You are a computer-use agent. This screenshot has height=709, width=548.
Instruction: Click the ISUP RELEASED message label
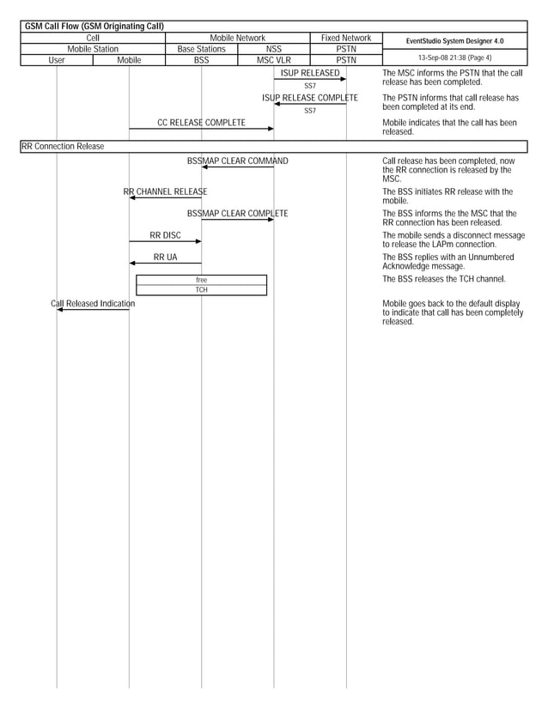(310, 74)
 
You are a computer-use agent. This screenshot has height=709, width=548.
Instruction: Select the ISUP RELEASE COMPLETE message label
(310, 99)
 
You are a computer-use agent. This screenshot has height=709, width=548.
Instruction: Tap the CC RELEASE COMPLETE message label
(201, 123)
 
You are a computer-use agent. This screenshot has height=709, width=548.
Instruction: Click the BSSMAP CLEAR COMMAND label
(238, 161)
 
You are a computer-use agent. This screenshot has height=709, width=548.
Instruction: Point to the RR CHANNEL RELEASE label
(165, 192)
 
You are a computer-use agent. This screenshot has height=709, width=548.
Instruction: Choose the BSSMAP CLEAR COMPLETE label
(238, 214)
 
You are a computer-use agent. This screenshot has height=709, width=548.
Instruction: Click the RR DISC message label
(165, 235)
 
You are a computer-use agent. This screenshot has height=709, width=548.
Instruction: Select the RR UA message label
(165, 257)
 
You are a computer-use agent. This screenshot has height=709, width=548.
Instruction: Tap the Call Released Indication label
(93, 304)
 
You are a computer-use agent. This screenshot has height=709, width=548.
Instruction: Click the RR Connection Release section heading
(63, 147)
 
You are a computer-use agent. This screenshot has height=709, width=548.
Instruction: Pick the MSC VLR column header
(274, 61)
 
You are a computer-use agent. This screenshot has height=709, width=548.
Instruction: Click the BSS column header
(201, 61)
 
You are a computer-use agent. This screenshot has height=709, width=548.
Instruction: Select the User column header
(57, 61)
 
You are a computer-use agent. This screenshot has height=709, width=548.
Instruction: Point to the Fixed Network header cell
(346, 38)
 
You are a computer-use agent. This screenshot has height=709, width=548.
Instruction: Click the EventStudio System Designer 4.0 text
(455, 41)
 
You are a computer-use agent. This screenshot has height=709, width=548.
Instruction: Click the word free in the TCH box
(201, 280)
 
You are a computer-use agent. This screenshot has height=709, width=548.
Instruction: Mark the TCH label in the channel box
(201, 290)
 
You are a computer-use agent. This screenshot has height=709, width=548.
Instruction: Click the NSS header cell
(274, 49)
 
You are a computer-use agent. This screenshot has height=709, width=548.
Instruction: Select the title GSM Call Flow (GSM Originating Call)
(94, 27)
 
